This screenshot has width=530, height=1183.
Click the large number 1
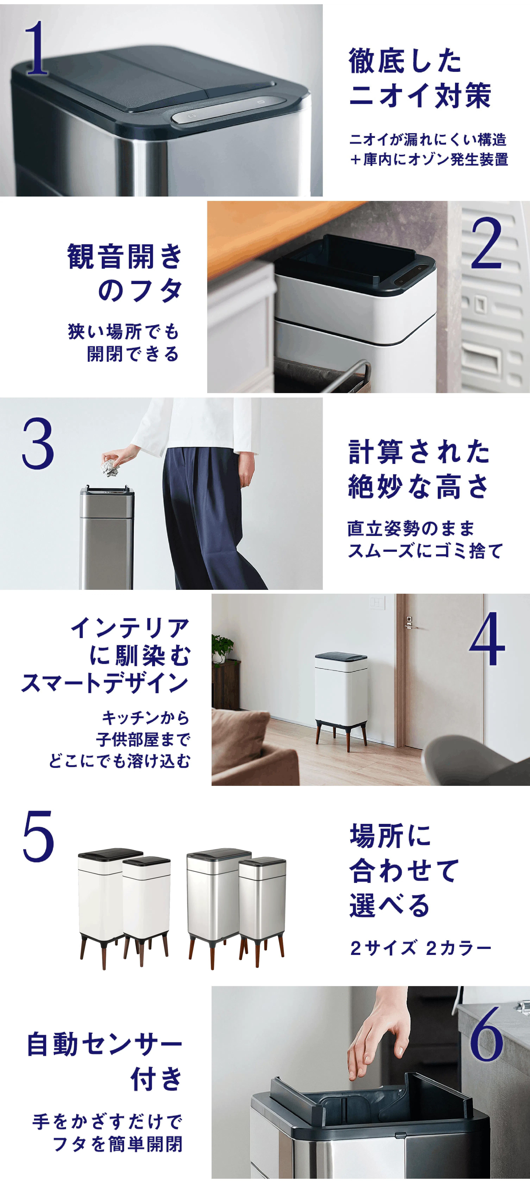tap(37, 48)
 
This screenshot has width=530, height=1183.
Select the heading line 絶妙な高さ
tap(419, 487)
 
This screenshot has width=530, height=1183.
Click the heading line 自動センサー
tap(105, 1044)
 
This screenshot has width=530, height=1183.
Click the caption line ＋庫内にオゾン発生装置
tap(429, 159)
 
